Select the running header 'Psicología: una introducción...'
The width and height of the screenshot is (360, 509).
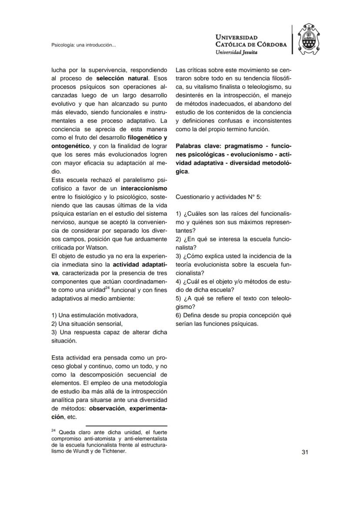(x=83, y=45)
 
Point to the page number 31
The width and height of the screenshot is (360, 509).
(x=305, y=452)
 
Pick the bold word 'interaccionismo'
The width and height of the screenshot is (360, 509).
(x=144, y=189)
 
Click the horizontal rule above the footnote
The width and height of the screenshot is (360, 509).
(x=126, y=426)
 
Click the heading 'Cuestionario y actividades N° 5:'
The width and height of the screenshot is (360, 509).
(x=218, y=197)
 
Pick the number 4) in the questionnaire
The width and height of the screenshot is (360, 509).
(x=179, y=282)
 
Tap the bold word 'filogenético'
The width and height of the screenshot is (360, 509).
(x=142, y=138)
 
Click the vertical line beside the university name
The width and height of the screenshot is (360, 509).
(x=293, y=40)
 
